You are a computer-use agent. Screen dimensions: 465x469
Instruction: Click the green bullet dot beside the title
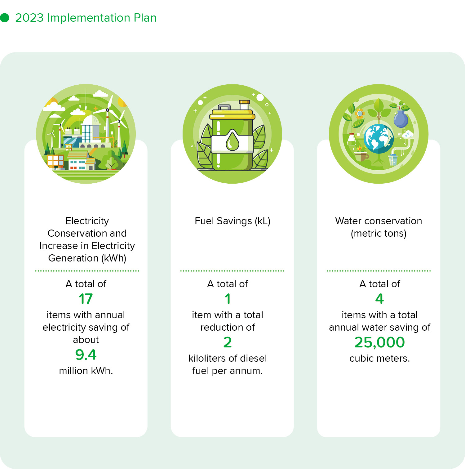coord(5,18)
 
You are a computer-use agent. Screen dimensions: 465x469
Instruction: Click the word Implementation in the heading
coord(89,18)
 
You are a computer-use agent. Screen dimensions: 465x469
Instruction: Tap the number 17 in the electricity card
coord(86,299)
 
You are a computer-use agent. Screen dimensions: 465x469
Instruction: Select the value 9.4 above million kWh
coord(86,355)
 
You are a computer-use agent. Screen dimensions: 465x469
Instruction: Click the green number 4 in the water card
coord(379,299)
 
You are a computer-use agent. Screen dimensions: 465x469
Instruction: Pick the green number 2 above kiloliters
coord(228,342)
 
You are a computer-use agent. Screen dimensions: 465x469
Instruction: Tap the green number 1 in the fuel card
coord(228,299)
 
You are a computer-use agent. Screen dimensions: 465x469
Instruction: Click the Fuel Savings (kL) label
coord(232,221)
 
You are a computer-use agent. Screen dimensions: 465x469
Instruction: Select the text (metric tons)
coord(379,233)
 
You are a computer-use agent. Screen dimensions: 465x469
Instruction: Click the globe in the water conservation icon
coord(379,139)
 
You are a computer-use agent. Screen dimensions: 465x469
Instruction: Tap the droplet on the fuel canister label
coord(232,141)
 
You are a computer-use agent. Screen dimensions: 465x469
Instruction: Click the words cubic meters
coord(379,358)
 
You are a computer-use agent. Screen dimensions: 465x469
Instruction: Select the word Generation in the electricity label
coord(73,258)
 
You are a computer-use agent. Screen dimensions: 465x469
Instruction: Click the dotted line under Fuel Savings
coord(232,271)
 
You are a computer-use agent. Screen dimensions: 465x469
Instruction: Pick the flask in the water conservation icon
coord(352,139)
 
